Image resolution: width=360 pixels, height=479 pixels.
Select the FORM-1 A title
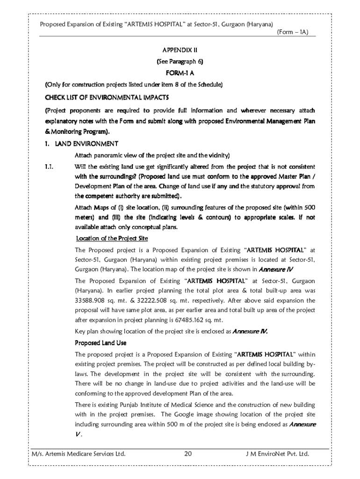[x=180, y=73]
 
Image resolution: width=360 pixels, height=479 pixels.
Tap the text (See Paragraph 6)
[x=180, y=61]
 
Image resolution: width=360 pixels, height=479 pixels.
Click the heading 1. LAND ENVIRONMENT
[x=82, y=143]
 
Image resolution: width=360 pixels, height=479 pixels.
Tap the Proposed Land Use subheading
[x=101, y=343]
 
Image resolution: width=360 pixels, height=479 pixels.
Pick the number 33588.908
[x=91, y=300]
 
